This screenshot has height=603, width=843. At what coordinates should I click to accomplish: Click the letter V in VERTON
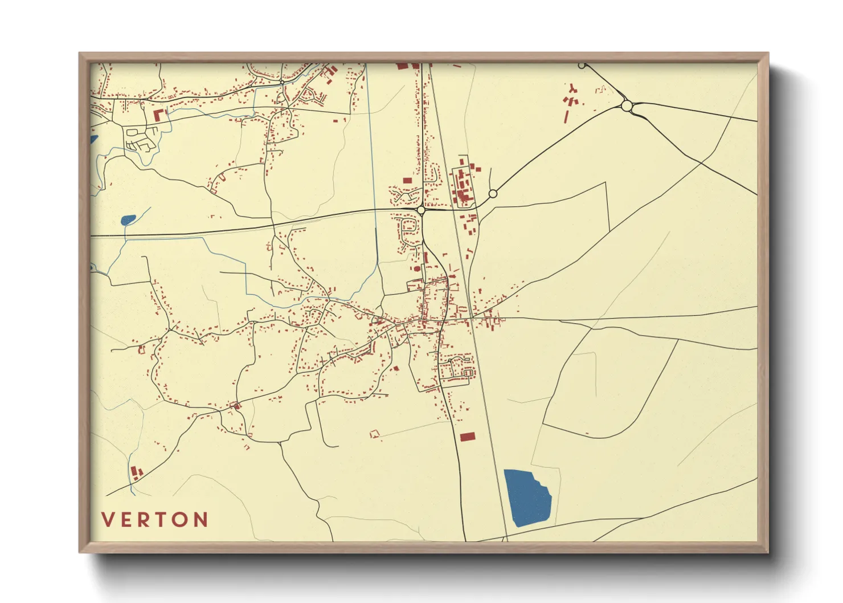pos(107,520)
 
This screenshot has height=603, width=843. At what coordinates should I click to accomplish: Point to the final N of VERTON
pos(200,520)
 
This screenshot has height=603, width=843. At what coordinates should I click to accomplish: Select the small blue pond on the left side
pos(128,219)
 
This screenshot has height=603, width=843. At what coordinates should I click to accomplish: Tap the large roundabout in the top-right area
pos(627,106)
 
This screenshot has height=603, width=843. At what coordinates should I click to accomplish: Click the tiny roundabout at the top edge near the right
pos(582,66)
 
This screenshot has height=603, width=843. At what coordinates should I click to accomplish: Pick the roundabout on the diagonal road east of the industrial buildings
pos(493,194)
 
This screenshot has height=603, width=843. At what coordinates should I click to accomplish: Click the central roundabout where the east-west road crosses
pos(421,211)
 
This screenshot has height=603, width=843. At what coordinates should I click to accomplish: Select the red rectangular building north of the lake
pos(468,437)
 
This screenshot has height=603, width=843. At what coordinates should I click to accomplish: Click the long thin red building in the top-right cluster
pos(567,116)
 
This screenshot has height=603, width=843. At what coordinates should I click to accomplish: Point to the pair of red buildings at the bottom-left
pos(136,472)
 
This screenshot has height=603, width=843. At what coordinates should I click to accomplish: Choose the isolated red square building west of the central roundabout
pos(407,181)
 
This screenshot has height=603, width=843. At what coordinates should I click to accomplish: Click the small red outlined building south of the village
pos(374,434)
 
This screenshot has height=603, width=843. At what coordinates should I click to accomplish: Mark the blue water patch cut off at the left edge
pos(93,138)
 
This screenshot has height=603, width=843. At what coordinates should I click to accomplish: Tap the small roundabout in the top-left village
pos(282,83)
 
